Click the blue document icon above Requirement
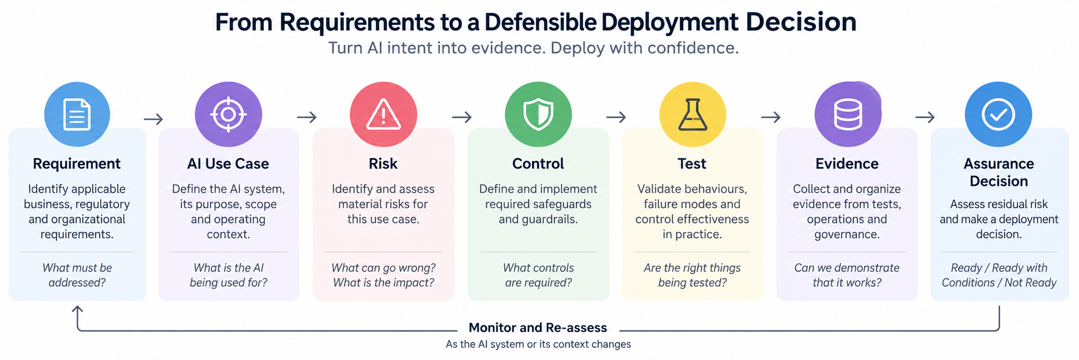[x=77, y=114]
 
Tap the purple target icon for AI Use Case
[x=228, y=114]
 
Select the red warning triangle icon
[x=384, y=114]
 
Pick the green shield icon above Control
[x=538, y=114]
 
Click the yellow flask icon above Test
[x=693, y=114]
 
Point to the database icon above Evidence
[x=848, y=114]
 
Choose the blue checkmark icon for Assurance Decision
[x=999, y=114]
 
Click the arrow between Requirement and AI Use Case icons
[x=153, y=119]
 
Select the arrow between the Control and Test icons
[x=616, y=117]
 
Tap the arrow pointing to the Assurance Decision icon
[x=925, y=117]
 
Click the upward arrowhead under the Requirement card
[x=78, y=309]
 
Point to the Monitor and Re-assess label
[x=538, y=328]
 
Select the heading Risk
[x=383, y=164]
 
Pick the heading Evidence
[x=847, y=164]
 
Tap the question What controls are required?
[x=538, y=275]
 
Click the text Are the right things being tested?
[x=692, y=275]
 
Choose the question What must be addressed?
[x=77, y=275]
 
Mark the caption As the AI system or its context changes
[x=538, y=344]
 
